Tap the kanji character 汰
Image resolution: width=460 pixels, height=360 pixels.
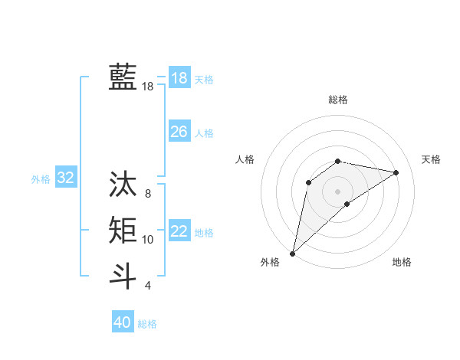point(123,185)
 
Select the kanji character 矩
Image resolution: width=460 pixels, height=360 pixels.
point(123,230)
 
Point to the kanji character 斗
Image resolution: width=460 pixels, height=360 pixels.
point(123,275)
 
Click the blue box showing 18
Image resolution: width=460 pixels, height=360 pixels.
point(179,78)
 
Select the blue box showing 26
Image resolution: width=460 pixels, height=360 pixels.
point(179,132)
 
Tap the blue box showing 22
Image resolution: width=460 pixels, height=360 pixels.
point(179,231)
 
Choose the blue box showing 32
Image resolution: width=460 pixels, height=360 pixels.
point(65,178)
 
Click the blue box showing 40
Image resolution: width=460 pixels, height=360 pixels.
point(123,322)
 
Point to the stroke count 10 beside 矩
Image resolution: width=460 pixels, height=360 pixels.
point(148,240)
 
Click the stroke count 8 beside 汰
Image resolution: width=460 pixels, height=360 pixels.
point(148,194)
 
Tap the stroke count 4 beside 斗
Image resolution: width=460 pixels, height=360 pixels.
point(148,286)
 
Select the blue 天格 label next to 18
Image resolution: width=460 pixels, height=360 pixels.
point(204,80)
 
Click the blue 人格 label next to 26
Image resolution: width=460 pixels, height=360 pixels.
point(204,133)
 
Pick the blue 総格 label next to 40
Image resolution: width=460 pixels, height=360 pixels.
point(147,324)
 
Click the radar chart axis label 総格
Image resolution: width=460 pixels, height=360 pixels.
point(337,100)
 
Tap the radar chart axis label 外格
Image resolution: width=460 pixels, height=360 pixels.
point(270,262)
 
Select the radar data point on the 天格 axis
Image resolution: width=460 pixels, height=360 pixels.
point(396,172)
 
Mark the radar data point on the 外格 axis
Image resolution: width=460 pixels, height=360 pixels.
point(292,254)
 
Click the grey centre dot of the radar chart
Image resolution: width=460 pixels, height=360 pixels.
point(337,191)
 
